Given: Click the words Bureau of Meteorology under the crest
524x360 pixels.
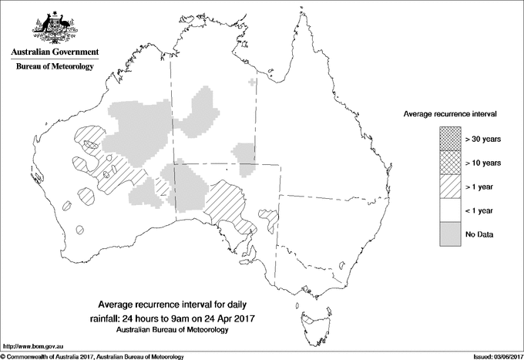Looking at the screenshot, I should [54, 67].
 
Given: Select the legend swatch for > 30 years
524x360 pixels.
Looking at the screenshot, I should [450, 140].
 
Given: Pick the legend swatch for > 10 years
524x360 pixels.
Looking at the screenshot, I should [450, 163].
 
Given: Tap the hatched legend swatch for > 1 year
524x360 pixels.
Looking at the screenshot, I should [450, 187].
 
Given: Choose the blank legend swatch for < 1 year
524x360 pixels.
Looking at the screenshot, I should [450, 210].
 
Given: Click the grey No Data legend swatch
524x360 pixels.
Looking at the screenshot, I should [450, 234].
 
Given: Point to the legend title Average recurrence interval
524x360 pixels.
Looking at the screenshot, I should [450, 113].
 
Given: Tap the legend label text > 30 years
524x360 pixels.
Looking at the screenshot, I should [482, 140].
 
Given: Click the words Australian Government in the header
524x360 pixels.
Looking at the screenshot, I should [54, 53].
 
